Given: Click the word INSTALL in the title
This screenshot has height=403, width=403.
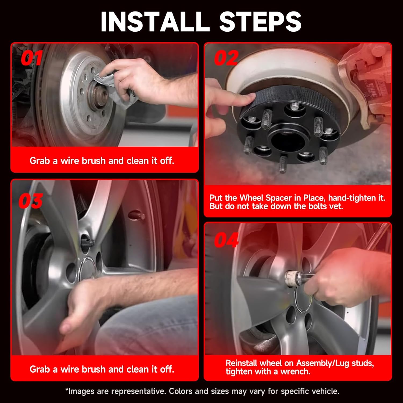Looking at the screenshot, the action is [155, 21].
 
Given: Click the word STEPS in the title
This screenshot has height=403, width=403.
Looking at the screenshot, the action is [260, 21].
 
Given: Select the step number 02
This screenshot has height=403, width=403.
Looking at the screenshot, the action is [226, 58].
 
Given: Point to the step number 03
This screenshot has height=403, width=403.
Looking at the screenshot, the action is [31, 201].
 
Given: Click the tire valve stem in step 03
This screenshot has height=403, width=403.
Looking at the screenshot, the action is [136, 215].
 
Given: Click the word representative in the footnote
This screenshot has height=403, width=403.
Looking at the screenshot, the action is [131, 391].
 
